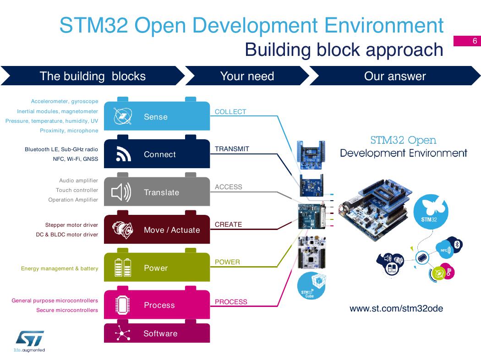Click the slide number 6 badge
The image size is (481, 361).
click(467, 41)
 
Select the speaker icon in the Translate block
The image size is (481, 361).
click(121, 192)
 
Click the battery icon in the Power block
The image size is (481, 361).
click(123, 268)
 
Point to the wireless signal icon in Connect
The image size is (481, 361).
click(123, 154)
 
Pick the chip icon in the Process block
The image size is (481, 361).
click(122, 305)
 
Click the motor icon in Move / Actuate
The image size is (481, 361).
click(122, 230)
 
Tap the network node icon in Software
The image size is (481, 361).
click(122, 333)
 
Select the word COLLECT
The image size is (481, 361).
click(230, 112)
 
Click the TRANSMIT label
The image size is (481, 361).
click(232, 149)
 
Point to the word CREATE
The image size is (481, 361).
click(228, 224)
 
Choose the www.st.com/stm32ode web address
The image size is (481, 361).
click(396, 309)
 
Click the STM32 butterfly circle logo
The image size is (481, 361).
click(431, 212)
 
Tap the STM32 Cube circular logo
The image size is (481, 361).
click(311, 286)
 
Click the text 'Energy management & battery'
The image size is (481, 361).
click(60, 268)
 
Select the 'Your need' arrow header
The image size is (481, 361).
click(247, 76)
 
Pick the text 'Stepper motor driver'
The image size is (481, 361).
click(71, 225)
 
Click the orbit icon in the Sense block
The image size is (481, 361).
click(122, 116)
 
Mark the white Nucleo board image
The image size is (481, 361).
click(312, 252)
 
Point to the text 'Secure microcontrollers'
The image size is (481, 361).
click(67, 310)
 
